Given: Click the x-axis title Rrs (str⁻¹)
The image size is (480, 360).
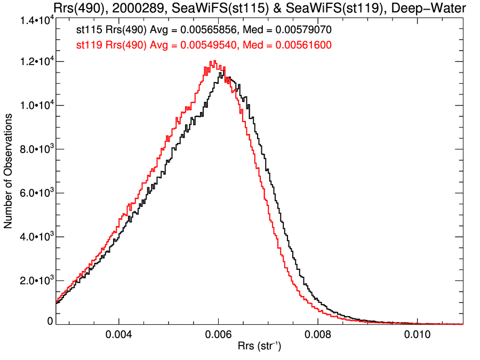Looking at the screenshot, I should [x=259, y=347].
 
